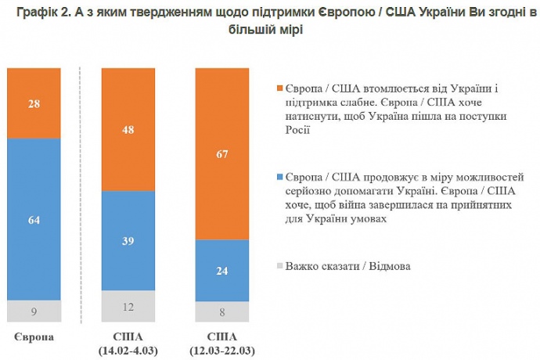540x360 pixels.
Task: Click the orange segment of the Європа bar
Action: (x=34, y=103)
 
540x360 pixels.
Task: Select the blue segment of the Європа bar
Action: (x=34, y=219)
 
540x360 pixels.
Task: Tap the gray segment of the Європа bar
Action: (x=34, y=311)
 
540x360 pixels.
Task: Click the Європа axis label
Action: (x=34, y=337)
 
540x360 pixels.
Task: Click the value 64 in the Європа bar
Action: (x=34, y=221)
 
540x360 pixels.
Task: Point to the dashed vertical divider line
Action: (x=81, y=196)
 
